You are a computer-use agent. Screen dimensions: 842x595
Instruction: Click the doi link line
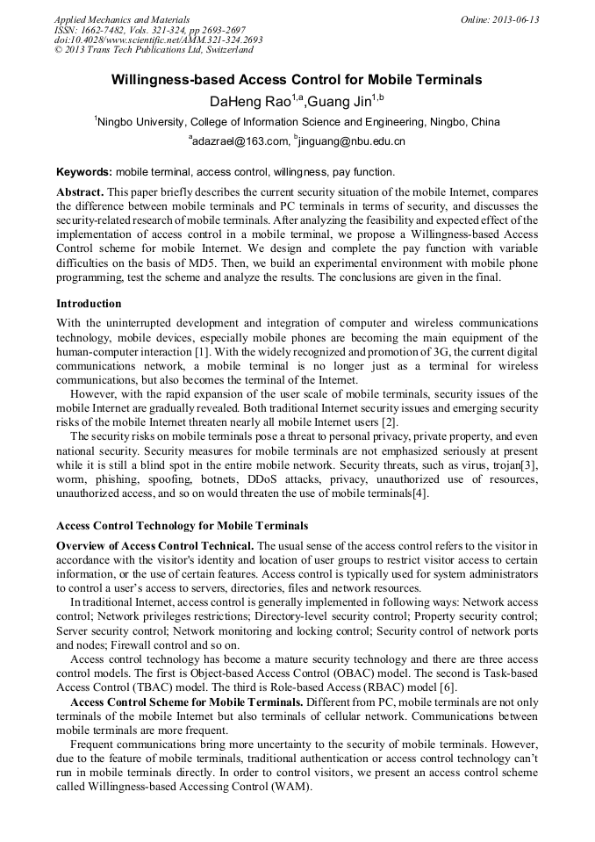pyautogui.click(x=158, y=40)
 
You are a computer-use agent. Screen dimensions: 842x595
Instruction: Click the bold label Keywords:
pyautogui.click(x=84, y=172)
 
